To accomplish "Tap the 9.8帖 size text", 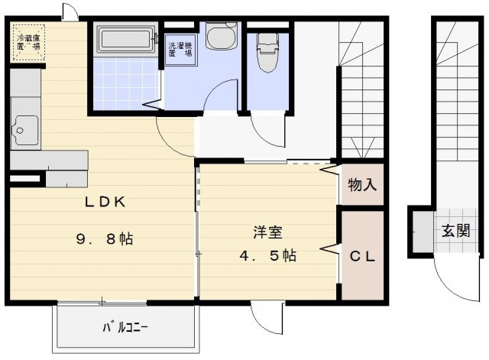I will [x=104, y=238].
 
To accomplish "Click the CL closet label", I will [x=362, y=257].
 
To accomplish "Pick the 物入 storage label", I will [x=362, y=185].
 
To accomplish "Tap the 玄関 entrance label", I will [x=455, y=230].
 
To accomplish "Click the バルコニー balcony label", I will [x=126, y=328].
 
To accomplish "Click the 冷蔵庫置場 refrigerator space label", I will [x=28, y=40].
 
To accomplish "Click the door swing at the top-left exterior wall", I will [x=69, y=11].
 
